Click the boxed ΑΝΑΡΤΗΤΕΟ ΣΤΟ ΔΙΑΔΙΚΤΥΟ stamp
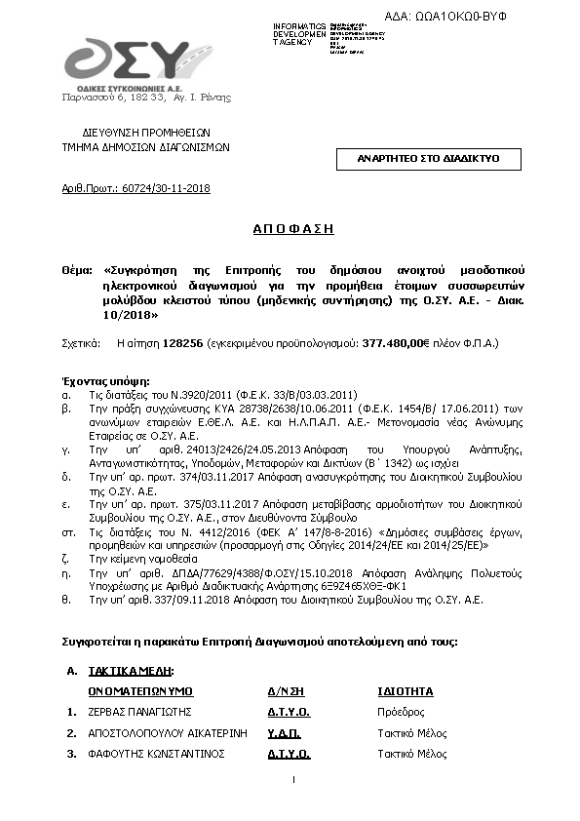[428, 158]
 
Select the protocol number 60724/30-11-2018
[165, 188]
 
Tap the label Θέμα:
[78, 267]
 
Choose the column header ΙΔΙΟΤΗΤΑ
[405, 691]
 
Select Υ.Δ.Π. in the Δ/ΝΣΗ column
[284, 732]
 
